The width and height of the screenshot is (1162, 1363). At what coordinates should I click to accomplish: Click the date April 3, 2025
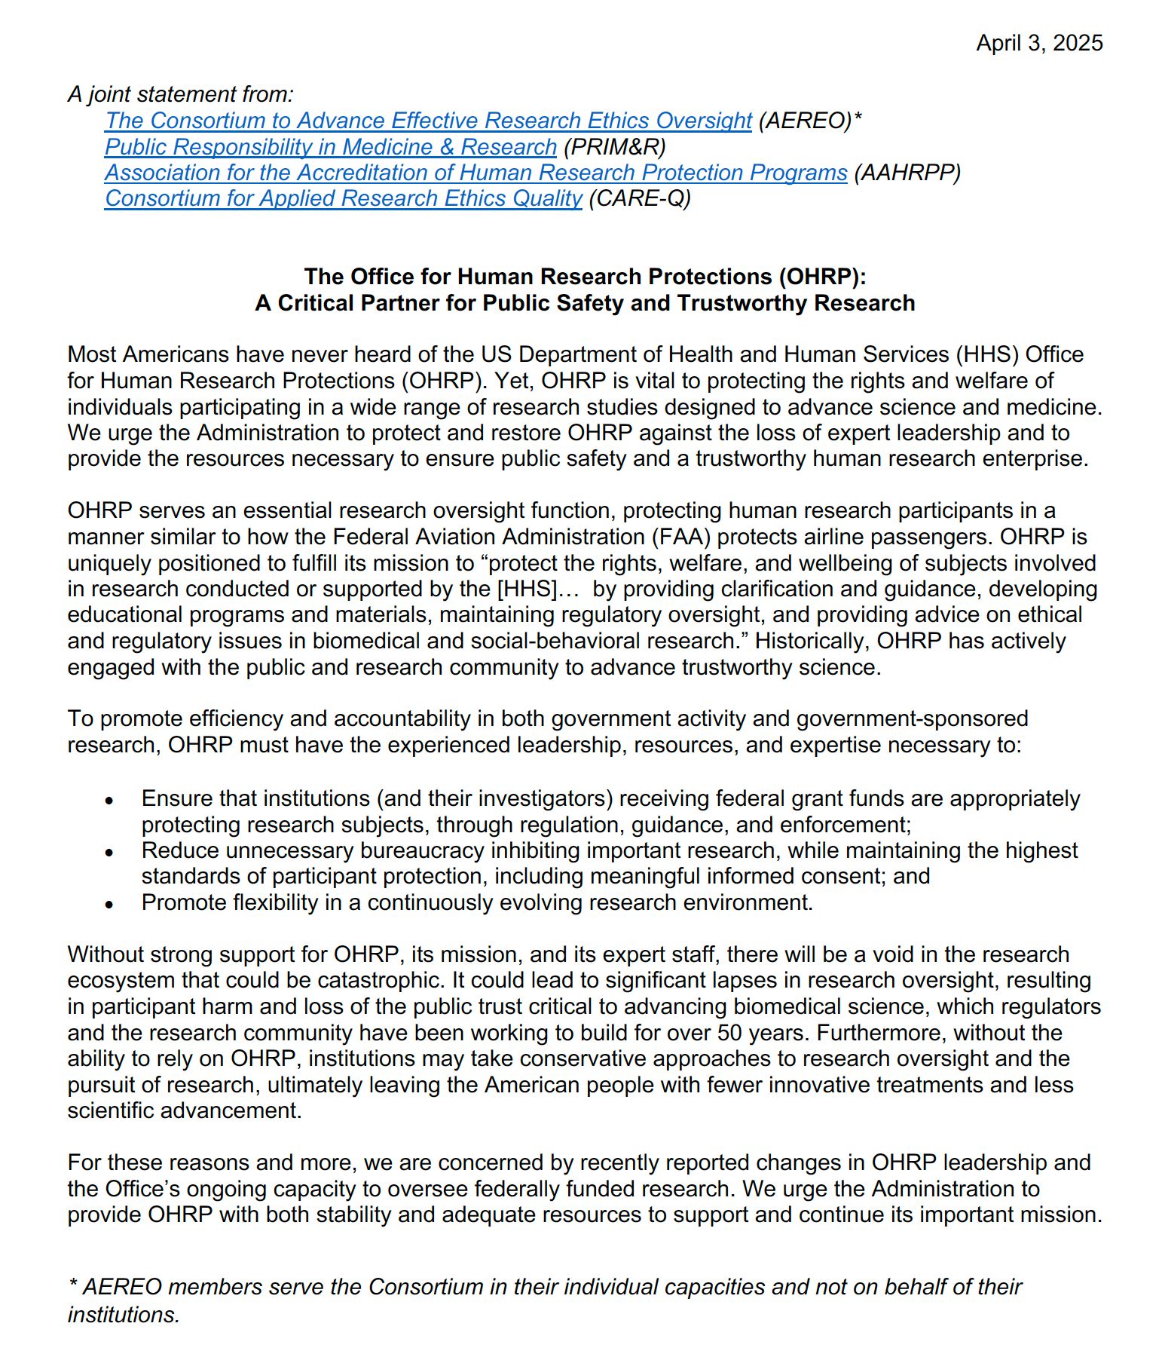(x=1039, y=43)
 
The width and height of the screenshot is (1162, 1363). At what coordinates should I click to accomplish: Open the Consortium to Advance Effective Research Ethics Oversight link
(x=428, y=121)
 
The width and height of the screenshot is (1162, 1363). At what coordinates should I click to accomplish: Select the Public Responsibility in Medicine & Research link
(x=330, y=147)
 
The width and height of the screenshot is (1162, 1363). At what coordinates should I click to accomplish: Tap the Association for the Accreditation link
(x=476, y=173)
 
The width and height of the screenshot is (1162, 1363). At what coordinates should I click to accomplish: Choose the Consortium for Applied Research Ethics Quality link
(x=343, y=198)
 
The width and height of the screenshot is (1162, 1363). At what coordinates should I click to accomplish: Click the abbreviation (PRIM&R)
(x=614, y=147)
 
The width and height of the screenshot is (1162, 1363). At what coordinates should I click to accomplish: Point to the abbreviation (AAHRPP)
(x=907, y=173)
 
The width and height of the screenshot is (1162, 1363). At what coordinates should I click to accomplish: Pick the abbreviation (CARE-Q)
(x=639, y=198)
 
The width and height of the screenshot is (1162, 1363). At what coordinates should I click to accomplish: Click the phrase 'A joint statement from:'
(x=180, y=94)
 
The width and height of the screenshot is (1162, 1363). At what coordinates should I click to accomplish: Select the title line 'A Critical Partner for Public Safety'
(x=585, y=303)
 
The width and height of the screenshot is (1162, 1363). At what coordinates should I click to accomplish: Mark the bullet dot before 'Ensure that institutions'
(x=109, y=800)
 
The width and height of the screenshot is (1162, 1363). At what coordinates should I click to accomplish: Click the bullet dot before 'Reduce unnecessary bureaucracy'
(x=109, y=852)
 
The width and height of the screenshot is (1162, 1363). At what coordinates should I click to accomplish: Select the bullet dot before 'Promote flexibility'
(x=109, y=903)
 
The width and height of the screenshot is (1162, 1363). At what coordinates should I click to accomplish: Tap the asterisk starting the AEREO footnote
(x=73, y=1285)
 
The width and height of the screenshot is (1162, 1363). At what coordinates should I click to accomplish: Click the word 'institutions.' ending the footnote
(x=124, y=1315)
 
